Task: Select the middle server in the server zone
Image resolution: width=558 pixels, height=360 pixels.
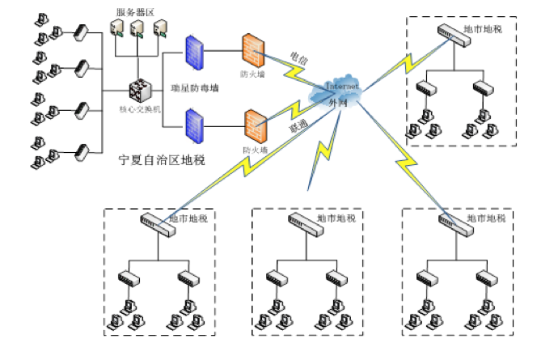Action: pos(137,30)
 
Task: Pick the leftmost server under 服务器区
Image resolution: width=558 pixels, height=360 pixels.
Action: pos(116,30)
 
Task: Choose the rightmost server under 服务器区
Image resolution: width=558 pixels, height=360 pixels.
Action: pos(158,30)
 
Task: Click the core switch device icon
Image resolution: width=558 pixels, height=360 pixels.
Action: pos(140,90)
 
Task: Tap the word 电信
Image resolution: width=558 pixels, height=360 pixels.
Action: pos(298,58)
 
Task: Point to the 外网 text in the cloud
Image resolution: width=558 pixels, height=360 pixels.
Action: pos(337,103)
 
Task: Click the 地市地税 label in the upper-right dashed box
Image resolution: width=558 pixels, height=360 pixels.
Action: pos(482,29)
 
